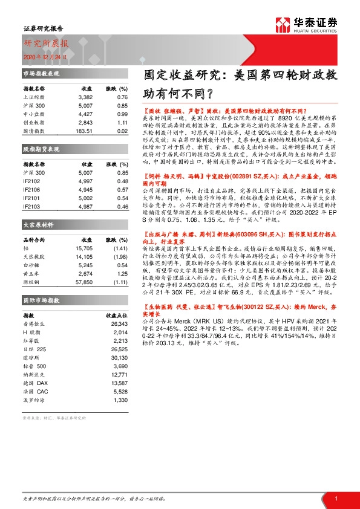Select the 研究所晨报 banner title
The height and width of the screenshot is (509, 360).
pos(47,44)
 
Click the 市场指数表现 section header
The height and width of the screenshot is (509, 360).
pos(41,73)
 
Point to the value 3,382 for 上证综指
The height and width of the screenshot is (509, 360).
pos(85,97)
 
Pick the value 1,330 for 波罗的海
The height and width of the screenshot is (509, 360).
pos(120,400)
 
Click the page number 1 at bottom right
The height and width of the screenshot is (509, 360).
pos(336,498)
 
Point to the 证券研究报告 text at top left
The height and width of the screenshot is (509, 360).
pos(43,28)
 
